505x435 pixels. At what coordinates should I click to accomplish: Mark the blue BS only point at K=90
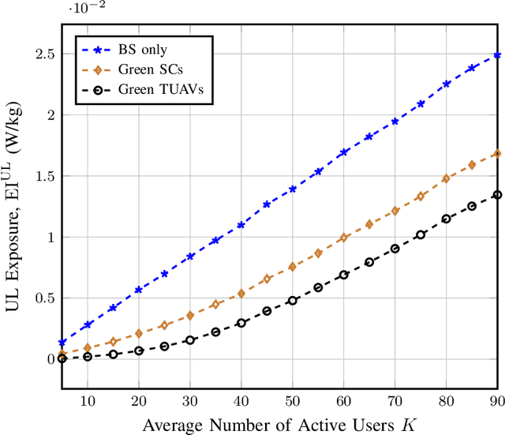coord(496,55)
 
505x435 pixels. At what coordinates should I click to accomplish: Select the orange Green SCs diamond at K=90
coord(496,154)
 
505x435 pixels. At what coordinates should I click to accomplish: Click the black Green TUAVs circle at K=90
coord(496,194)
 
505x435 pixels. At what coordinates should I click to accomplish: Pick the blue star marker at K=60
coord(344,152)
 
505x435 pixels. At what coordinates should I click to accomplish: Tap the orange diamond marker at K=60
coord(344,238)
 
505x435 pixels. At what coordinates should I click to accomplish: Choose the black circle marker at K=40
coord(241,323)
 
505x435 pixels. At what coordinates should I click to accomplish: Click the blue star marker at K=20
coord(139,290)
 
